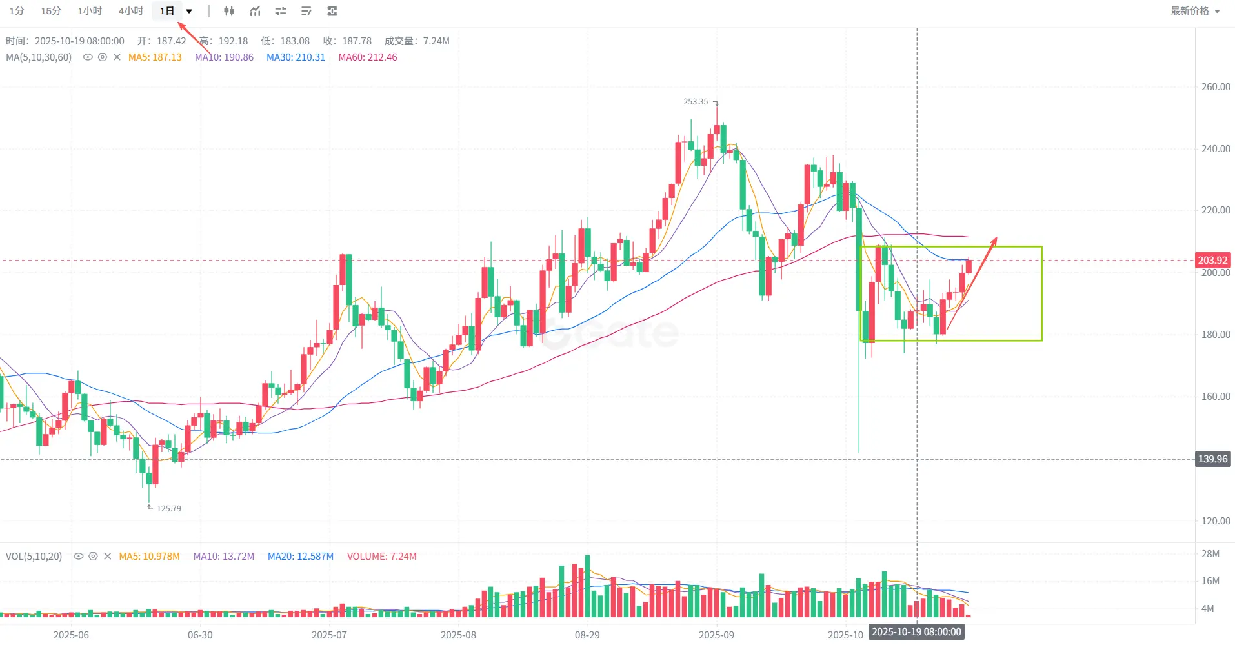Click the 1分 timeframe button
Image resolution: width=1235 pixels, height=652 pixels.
click(17, 11)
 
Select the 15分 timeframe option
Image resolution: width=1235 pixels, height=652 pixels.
click(51, 11)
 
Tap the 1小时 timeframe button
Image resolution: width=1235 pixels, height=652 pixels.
click(90, 11)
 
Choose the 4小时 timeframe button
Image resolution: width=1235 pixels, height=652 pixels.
click(130, 11)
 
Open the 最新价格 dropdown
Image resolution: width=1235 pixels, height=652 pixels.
click(1194, 11)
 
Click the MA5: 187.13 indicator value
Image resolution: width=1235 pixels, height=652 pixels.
click(155, 57)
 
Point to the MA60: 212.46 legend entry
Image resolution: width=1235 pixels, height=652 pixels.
click(367, 57)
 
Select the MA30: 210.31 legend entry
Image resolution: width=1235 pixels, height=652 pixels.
click(296, 57)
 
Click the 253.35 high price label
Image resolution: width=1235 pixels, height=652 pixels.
click(696, 102)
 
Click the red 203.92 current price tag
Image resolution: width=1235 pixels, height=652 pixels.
click(1212, 261)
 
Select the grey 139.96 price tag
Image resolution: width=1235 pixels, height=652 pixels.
click(1212, 459)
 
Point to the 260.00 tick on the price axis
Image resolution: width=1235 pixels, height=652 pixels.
click(1215, 87)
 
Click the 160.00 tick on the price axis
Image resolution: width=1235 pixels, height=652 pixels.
click(1215, 397)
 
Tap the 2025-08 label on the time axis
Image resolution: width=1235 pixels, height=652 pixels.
click(458, 635)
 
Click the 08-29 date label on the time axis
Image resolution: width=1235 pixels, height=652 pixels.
click(587, 635)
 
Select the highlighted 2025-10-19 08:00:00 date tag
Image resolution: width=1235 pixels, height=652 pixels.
click(916, 632)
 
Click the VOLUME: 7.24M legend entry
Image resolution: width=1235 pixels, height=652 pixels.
click(381, 557)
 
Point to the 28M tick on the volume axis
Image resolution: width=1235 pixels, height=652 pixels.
click(1210, 554)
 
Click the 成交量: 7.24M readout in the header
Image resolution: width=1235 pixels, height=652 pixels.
click(417, 41)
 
